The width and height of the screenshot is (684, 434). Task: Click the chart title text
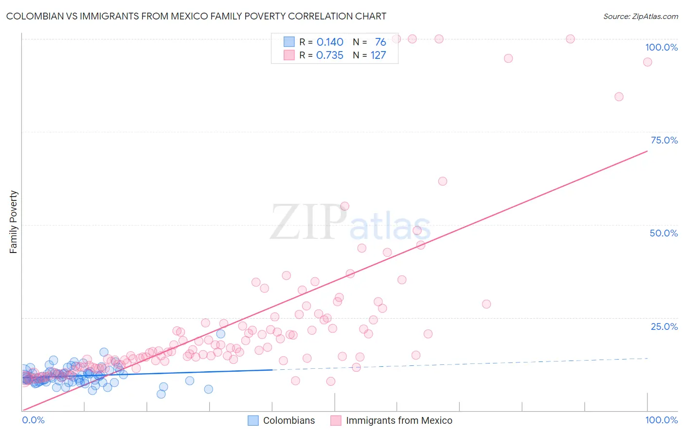tap(196, 17)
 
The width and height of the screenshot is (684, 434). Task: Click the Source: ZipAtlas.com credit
tap(640, 17)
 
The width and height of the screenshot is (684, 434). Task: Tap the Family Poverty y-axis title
tap(14, 222)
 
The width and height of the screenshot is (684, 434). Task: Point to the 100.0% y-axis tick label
tap(661, 47)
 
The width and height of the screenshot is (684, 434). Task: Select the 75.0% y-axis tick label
tap(664, 140)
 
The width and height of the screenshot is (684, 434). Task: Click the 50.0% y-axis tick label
tap(664, 233)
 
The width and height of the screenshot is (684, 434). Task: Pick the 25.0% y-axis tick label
tap(664, 326)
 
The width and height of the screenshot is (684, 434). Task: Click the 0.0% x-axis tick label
tap(33, 420)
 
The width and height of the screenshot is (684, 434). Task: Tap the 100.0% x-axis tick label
tap(661, 420)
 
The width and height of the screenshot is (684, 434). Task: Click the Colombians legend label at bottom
tap(289, 420)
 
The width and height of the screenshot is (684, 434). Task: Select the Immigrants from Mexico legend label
tap(399, 420)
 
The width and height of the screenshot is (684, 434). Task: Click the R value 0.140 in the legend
tap(330, 42)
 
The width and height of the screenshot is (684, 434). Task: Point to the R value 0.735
tap(330, 55)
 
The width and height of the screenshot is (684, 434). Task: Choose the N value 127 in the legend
tap(378, 55)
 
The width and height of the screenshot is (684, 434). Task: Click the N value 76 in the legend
tap(380, 42)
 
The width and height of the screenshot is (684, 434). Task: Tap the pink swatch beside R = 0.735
tap(289, 55)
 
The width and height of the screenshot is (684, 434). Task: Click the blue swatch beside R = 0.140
tap(289, 42)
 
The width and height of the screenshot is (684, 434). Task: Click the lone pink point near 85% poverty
tap(619, 97)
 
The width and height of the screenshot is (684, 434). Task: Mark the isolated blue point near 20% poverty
tap(220, 334)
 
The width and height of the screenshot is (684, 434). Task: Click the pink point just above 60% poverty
tap(442, 181)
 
